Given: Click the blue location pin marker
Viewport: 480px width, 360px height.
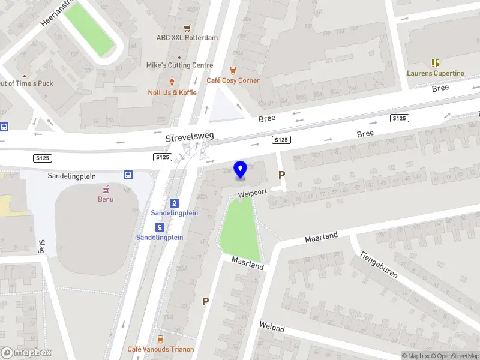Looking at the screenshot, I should (241, 170).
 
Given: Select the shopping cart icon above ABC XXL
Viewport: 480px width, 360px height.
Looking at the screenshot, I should (188, 28).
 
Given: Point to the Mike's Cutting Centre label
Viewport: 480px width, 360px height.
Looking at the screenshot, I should (179, 65).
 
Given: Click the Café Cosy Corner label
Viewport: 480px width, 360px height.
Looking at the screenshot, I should (233, 80).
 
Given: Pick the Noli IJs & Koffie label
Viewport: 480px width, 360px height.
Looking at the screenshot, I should (172, 92).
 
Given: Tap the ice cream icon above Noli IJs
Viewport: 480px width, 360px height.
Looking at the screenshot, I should (172, 82).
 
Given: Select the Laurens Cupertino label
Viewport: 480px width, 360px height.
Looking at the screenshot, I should (436, 73).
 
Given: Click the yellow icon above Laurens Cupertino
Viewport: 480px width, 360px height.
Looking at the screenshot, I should (436, 63).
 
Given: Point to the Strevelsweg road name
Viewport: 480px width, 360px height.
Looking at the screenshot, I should (190, 138).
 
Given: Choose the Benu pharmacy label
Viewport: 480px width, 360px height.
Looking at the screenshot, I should (106, 199).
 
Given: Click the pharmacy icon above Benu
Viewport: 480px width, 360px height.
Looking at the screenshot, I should (106, 188).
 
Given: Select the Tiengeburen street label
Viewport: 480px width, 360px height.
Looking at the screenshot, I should (379, 264).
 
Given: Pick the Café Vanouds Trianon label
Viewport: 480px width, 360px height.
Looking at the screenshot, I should (160, 349).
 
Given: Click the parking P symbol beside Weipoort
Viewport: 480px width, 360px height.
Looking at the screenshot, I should (281, 175).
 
